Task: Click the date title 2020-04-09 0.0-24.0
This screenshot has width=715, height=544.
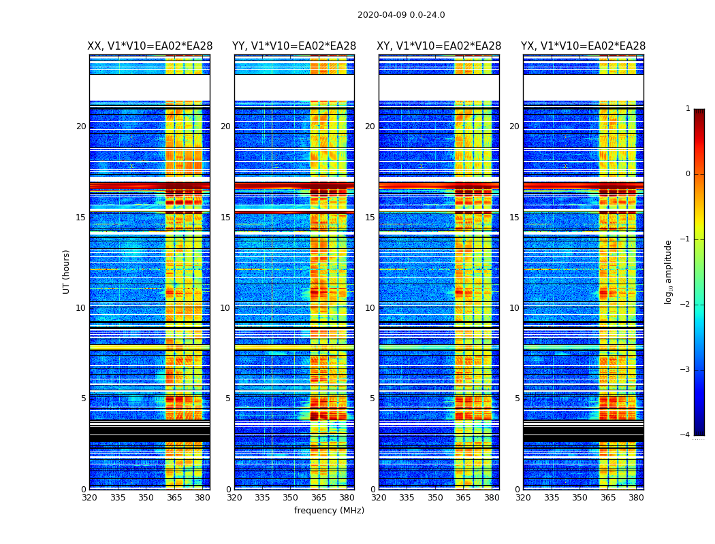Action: (401, 15)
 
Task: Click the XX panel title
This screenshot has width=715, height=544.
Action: (150, 46)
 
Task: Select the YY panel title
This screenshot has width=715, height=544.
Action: (294, 46)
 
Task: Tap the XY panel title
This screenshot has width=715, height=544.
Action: (439, 46)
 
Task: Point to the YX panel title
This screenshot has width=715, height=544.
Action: (584, 46)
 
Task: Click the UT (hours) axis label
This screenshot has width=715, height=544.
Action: (67, 271)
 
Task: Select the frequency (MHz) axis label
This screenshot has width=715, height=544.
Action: (329, 511)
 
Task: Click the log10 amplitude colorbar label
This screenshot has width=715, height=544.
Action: (669, 272)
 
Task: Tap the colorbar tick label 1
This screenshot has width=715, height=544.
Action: (688, 109)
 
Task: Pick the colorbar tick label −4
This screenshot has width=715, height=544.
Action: (686, 435)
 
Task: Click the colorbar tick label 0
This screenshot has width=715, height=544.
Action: (688, 174)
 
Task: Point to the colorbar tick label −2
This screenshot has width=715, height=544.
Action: (686, 305)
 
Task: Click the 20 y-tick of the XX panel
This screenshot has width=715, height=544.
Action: (81, 126)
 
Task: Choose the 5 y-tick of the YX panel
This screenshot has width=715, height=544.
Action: (517, 398)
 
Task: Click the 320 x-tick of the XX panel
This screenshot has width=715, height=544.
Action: (89, 498)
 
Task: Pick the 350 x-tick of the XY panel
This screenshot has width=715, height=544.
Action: (435, 498)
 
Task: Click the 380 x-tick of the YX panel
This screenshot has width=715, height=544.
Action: (636, 498)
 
